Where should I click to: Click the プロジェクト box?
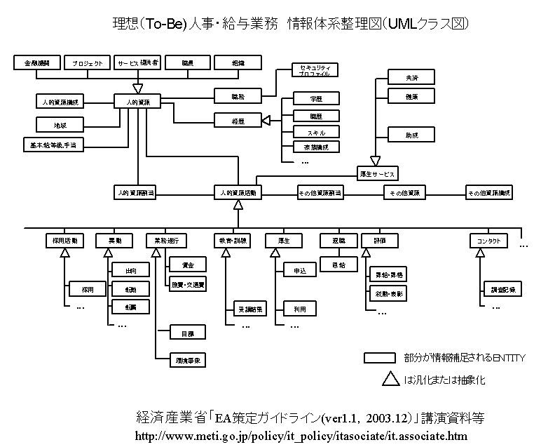point(88,63)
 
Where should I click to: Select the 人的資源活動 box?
point(238,192)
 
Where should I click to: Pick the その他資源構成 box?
point(489,192)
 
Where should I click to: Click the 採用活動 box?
point(65,241)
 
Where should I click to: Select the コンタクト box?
point(488,241)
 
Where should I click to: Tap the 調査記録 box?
point(498,288)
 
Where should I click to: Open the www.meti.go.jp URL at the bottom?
point(299,436)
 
